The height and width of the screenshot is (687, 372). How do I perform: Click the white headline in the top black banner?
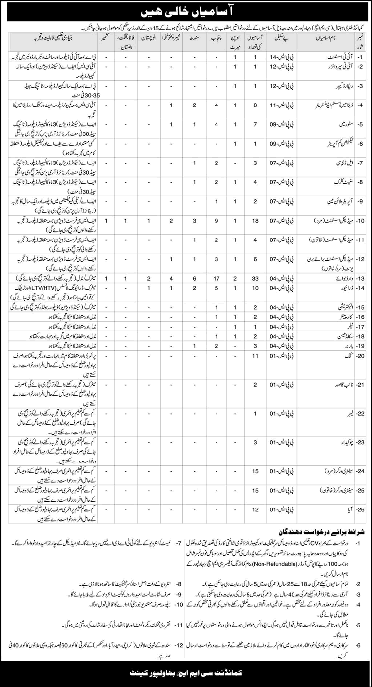(186, 10)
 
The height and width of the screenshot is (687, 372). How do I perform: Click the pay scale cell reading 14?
(284, 57)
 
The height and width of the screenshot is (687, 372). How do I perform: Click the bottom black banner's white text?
(186, 672)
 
